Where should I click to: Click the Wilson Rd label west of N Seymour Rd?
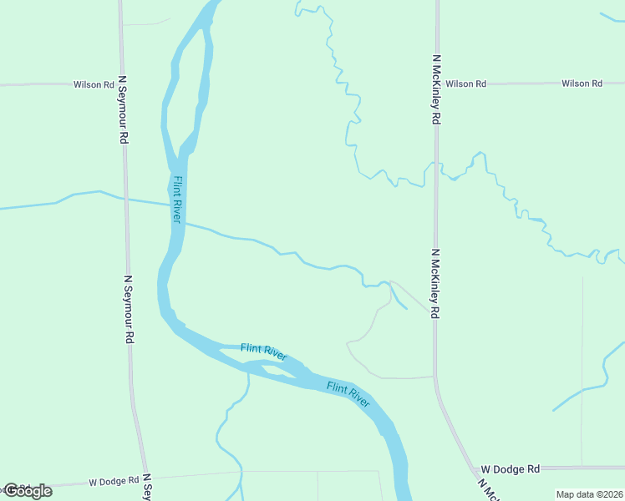point(94,84)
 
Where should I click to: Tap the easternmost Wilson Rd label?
point(582,83)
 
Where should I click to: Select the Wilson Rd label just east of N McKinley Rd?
point(465,84)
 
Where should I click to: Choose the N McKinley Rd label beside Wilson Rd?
point(436,90)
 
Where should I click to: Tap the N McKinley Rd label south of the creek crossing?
point(435,283)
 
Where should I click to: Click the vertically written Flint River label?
point(177,199)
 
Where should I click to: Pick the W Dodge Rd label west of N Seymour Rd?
point(113,481)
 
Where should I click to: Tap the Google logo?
point(28,490)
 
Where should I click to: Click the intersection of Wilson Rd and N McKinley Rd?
point(436,83)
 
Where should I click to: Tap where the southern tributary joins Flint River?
point(249,371)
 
